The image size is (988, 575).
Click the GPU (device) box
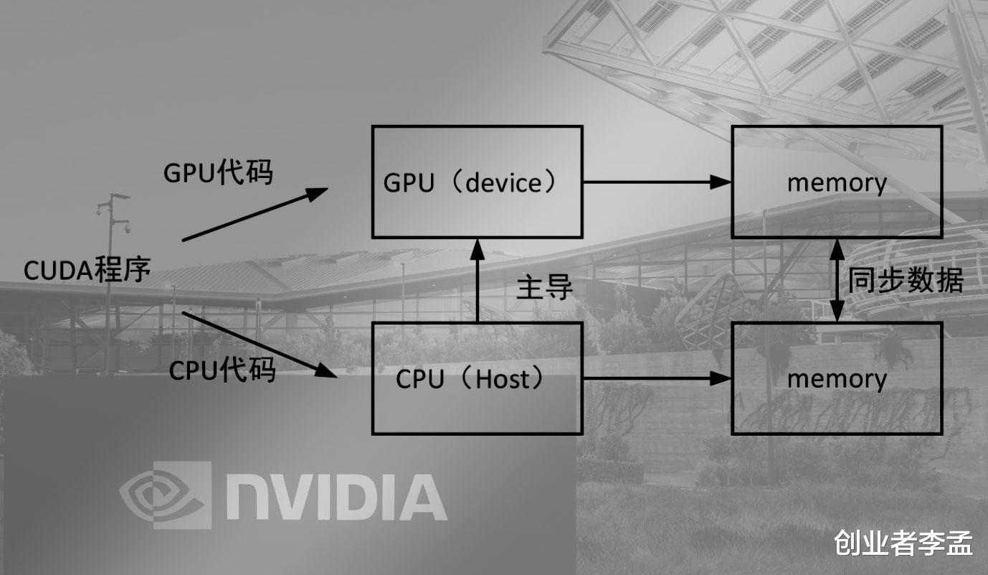(477, 182)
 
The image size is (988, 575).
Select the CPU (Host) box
(477, 378)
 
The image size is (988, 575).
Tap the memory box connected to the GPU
(837, 182)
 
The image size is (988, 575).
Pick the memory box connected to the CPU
(837, 378)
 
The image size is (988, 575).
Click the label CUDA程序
(87, 271)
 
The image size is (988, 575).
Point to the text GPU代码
(218, 172)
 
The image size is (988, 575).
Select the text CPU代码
(222, 370)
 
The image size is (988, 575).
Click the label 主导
(545, 286)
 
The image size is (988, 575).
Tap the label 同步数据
(906, 280)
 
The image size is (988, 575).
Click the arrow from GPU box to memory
(656, 182)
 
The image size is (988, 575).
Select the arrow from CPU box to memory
(656, 378)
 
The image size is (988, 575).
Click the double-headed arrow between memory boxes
(836, 280)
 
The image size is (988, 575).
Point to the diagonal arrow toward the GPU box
(255, 215)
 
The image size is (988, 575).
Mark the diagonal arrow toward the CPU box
(258, 344)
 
